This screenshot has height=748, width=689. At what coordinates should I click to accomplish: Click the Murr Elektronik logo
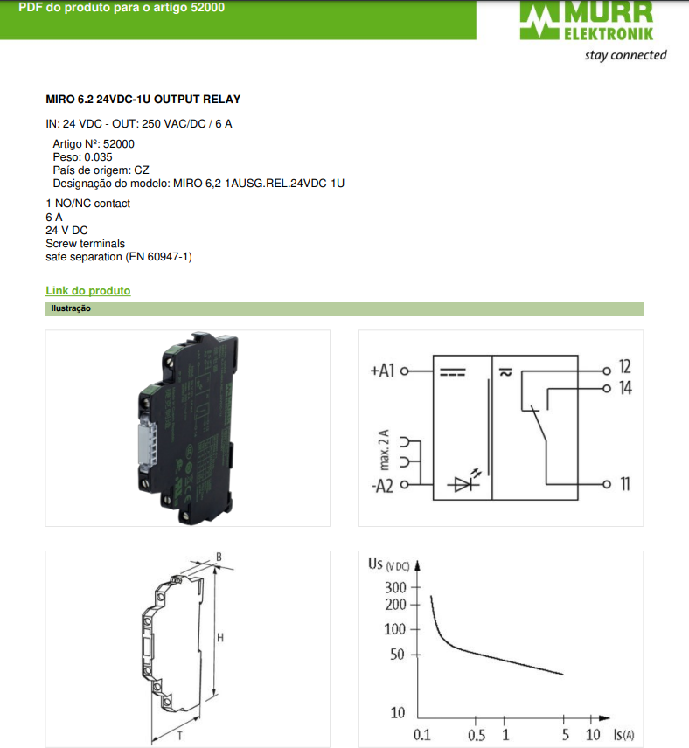point(587,20)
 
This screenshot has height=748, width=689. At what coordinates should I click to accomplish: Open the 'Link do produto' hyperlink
point(87,290)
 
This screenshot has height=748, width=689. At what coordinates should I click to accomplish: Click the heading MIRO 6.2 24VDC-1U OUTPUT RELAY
point(143,100)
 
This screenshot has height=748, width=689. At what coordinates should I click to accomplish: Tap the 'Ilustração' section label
point(71,308)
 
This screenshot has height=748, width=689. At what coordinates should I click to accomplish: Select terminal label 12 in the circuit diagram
point(625,367)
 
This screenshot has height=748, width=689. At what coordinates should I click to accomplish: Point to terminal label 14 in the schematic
point(625,388)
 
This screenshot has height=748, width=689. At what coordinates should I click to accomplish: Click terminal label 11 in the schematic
point(625,484)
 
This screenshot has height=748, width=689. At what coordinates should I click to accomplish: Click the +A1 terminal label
point(382,371)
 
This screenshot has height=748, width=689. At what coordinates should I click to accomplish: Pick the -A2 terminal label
point(382,486)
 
